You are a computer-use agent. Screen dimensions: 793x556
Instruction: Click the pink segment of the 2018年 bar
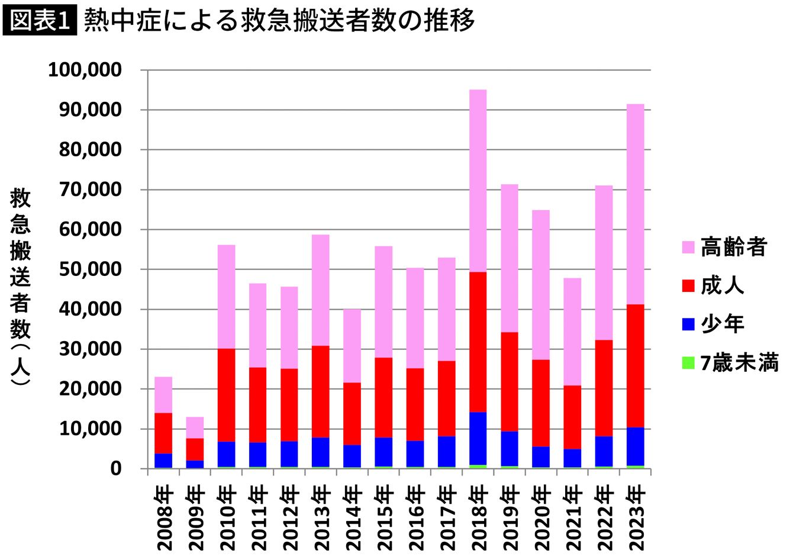pyautogui.click(x=478, y=181)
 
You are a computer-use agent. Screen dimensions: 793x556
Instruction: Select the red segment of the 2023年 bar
pyautogui.click(x=635, y=366)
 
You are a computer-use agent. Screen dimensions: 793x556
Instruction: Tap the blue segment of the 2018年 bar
pyautogui.click(x=478, y=438)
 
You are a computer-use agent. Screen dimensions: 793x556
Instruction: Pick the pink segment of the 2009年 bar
pyautogui.click(x=195, y=428)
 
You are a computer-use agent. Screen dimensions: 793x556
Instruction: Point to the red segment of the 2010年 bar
pyautogui.click(x=227, y=395)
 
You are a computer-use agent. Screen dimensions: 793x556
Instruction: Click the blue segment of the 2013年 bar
pyautogui.click(x=321, y=452)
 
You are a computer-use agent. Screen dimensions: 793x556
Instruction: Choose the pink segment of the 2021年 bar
pyautogui.click(x=572, y=332)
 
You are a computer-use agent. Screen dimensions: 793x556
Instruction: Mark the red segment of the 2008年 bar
pyautogui.click(x=163, y=433)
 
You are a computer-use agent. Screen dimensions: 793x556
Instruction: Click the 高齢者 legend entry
pyautogui.click(x=724, y=246)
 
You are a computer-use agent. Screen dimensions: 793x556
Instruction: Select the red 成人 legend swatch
pyautogui.click(x=688, y=285)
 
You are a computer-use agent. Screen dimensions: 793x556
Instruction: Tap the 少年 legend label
pyautogui.click(x=723, y=324)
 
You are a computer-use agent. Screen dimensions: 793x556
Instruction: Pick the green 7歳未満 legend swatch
pyautogui.click(x=688, y=362)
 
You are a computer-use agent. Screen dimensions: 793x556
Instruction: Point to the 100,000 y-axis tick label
pyautogui.click(x=85, y=70)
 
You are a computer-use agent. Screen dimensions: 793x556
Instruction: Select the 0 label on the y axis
pyautogui.click(x=116, y=468)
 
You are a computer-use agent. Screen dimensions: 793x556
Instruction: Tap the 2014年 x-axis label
pyautogui.click(x=352, y=518)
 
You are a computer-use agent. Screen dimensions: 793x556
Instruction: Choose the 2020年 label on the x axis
pyautogui.click(x=541, y=518)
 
